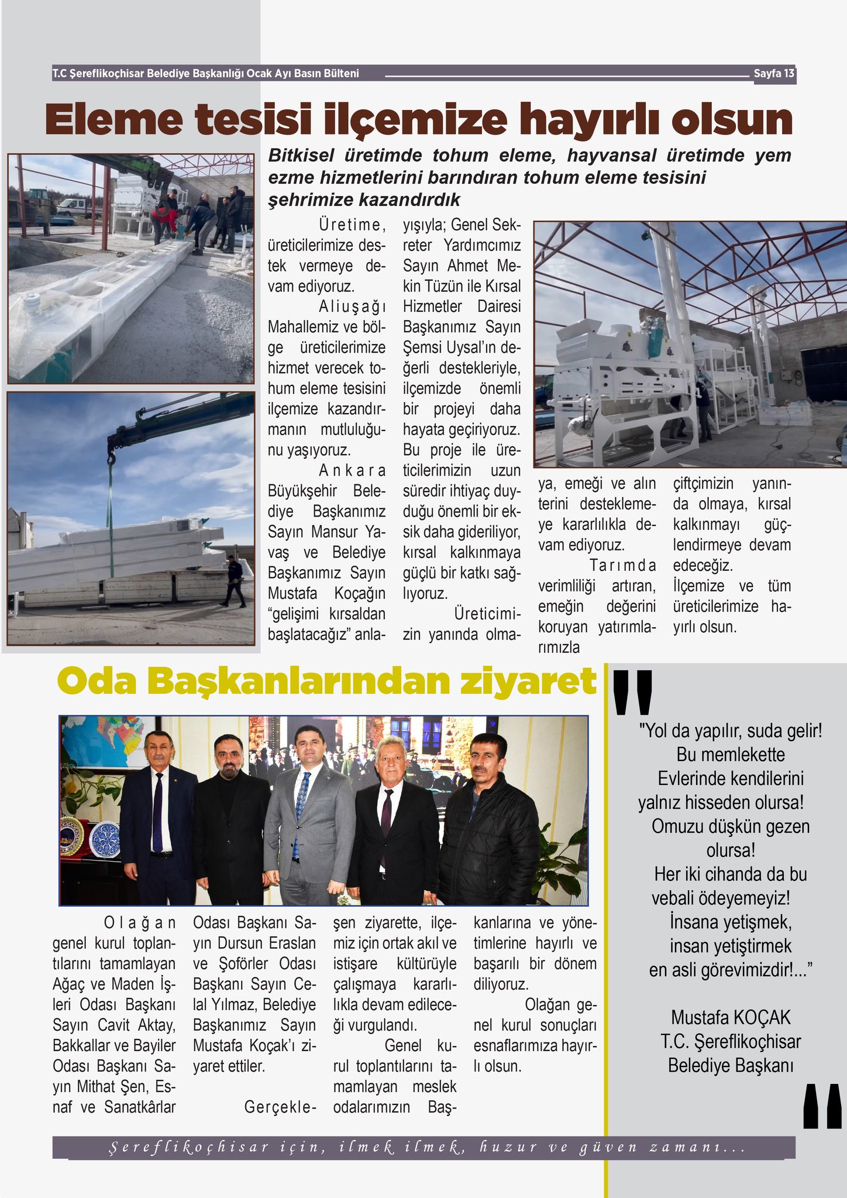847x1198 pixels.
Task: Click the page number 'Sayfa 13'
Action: coord(773,74)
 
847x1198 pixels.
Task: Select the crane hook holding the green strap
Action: coord(111,452)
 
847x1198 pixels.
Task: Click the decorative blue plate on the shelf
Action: coord(105,838)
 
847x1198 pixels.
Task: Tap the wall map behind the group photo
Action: coord(99,741)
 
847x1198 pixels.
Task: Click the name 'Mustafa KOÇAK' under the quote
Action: coord(731,1017)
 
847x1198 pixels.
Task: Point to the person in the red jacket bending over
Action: coord(165,218)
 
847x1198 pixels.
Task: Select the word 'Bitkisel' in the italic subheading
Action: coord(301,156)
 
